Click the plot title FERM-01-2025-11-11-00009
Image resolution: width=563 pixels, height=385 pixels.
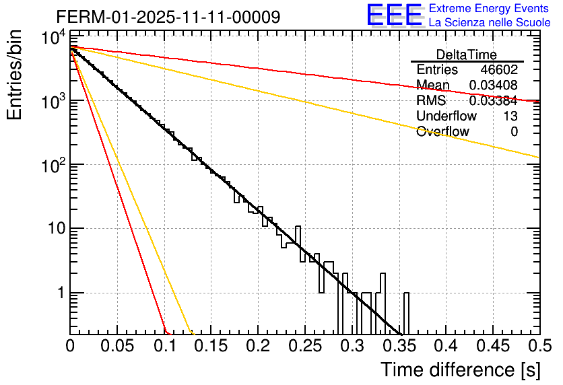tap(168, 17)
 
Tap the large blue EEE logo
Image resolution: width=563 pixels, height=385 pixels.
tap(394, 15)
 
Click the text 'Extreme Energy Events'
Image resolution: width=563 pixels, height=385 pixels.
tap(490, 9)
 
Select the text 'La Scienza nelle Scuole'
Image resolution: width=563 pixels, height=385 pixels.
tap(490, 23)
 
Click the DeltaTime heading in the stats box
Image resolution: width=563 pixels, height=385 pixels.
tap(467, 55)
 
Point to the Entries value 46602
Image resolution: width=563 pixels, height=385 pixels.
tap(499, 69)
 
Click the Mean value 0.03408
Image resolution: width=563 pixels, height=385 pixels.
tap(494, 85)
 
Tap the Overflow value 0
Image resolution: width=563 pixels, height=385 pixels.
tap(514, 131)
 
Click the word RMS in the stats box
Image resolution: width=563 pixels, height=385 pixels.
tap(431, 100)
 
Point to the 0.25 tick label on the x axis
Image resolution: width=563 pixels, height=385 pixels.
tap(304, 347)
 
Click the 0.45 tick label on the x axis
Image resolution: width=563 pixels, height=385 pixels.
tap(492, 347)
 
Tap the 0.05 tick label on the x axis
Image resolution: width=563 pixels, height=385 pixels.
tap(117, 347)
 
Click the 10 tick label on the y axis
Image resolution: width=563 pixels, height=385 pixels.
tap(54, 229)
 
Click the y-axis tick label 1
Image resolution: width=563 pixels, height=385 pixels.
tap(59, 293)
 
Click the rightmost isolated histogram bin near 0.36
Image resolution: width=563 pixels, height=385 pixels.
tap(406, 313)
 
